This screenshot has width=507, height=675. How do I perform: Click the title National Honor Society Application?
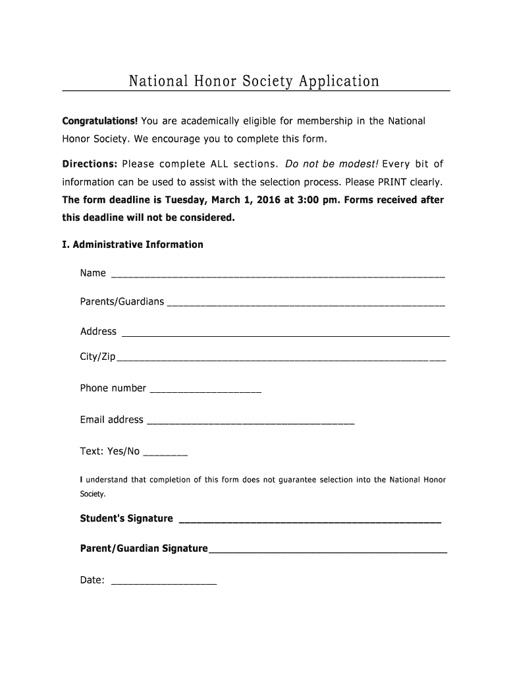point(254,81)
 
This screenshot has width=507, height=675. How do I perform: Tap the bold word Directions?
point(90,163)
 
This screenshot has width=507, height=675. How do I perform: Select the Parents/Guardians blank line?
point(306,304)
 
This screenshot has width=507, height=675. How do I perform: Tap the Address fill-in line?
point(286,334)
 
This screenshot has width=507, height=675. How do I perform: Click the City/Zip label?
point(97,357)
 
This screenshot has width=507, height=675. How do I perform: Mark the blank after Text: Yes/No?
point(165,454)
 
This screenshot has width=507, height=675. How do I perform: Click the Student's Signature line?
point(309,521)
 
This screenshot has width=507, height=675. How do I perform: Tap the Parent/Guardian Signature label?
point(144,548)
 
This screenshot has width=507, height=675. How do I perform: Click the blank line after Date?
point(164,583)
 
